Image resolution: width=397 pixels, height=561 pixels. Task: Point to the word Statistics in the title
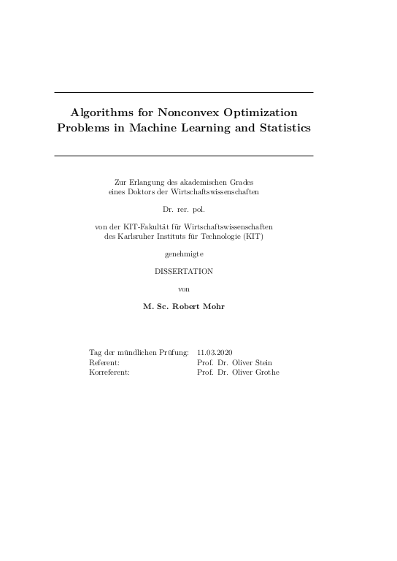(x=283, y=128)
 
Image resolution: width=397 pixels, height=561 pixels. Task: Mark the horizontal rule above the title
(x=184, y=92)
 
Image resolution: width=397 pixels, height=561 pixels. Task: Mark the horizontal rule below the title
(x=184, y=156)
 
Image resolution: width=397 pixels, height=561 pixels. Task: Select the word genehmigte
(x=184, y=253)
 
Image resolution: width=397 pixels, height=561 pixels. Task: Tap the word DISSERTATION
(x=184, y=271)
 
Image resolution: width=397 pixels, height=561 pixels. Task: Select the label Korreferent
(x=109, y=372)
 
